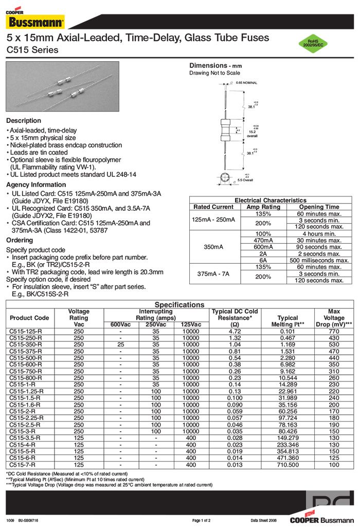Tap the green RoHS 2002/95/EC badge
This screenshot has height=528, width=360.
(316, 43)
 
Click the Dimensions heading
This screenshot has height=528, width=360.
(215, 66)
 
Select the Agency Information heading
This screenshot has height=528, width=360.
(36, 185)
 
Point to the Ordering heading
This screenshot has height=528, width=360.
(20, 240)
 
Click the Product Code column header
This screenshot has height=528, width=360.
(29, 318)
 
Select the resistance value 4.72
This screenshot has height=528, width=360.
(227, 331)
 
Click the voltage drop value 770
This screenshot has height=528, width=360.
(334, 331)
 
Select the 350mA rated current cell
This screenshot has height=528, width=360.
(213, 247)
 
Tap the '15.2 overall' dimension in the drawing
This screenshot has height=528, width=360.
(253, 133)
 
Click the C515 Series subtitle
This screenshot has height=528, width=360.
(32, 50)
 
